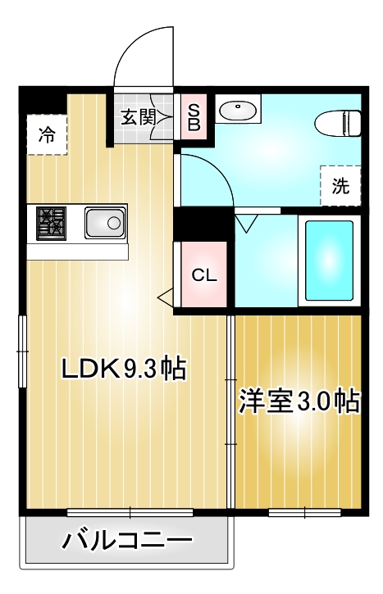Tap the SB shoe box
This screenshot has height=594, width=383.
(x=194, y=116)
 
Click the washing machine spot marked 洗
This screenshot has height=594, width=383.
(x=340, y=186)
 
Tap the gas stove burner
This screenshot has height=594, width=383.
(x=52, y=222)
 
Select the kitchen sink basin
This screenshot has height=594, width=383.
(x=104, y=222)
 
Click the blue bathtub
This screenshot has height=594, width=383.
(x=329, y=260)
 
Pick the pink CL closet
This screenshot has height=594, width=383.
(x=204, y=275)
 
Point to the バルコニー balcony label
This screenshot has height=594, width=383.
(x=128, y=542)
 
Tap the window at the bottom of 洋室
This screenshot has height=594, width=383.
(x=304, y=513)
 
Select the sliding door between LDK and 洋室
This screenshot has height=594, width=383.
(x=230, y=410)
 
